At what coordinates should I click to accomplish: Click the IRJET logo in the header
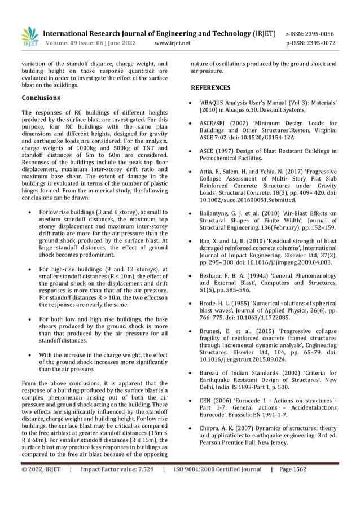(30, 37)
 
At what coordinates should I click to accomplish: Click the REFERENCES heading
(210, 87)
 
